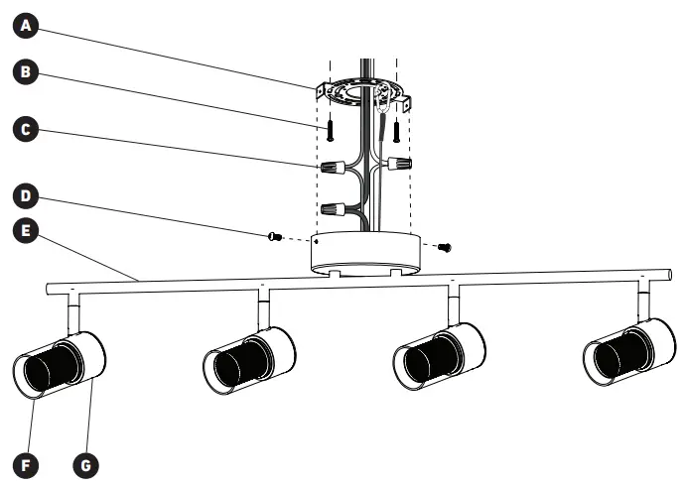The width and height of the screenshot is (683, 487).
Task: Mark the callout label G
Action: tap(85, 462)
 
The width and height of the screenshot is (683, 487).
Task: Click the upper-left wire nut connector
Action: tap(333, 167)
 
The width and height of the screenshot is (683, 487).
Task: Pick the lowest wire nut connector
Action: tap(333, 209)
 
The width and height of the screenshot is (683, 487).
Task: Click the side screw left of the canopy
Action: tap(275, 236)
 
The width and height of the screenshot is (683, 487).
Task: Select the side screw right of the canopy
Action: tap(444, 245)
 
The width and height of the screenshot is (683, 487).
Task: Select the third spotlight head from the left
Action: tap(439, 355)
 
